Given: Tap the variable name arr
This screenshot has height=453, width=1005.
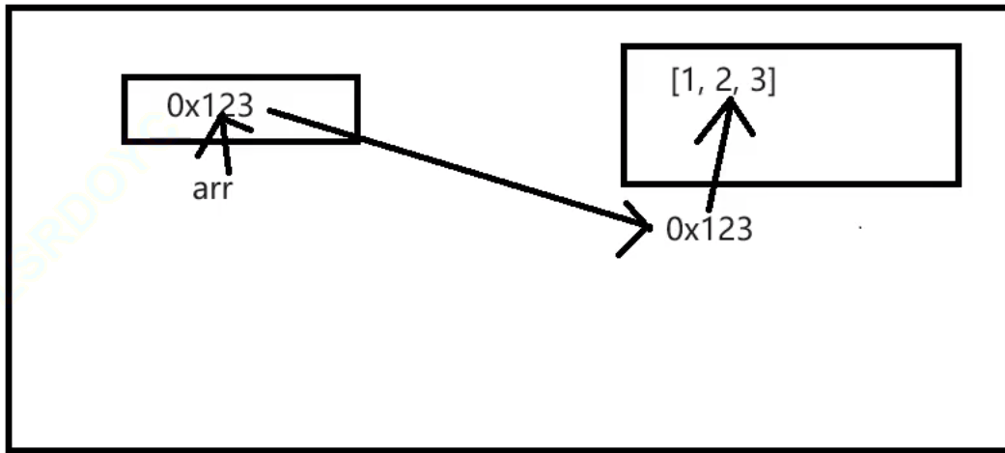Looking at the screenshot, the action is [x=212, y=187].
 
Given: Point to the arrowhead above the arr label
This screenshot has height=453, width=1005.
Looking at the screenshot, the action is [x=223, y=122].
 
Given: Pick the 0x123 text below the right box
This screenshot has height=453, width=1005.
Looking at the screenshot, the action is [x=710, y=230].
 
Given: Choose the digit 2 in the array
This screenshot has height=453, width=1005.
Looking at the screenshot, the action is [x=725, y=81].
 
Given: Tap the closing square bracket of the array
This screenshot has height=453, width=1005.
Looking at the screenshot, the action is [x=773, y=82].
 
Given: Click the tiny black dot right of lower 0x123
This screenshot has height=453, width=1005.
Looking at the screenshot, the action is [x=860, y=229].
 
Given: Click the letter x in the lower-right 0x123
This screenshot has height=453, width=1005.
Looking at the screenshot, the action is [x=691, y=232].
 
